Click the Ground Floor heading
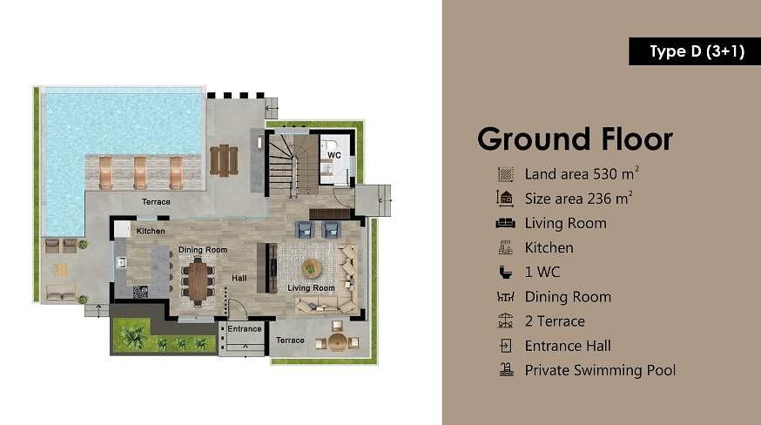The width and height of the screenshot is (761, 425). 575,139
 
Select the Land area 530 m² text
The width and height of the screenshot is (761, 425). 582,173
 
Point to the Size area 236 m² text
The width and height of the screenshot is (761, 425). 578,198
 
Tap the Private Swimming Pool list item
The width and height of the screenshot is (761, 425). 600,370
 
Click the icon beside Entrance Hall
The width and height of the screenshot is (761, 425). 506,346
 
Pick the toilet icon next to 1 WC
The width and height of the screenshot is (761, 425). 506,272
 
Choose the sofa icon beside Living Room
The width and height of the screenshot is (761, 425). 506,223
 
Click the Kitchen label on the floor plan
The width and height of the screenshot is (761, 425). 151,232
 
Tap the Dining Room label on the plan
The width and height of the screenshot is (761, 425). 203,250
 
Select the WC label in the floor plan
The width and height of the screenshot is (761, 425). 333,155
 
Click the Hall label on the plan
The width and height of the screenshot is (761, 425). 239,279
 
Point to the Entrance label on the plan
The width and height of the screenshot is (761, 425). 245,329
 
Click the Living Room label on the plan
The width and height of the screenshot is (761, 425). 311,288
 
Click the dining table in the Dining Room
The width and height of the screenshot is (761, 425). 199,280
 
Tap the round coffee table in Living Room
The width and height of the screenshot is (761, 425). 311,267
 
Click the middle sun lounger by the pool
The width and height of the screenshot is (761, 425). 140,172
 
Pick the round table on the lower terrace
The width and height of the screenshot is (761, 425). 338,341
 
